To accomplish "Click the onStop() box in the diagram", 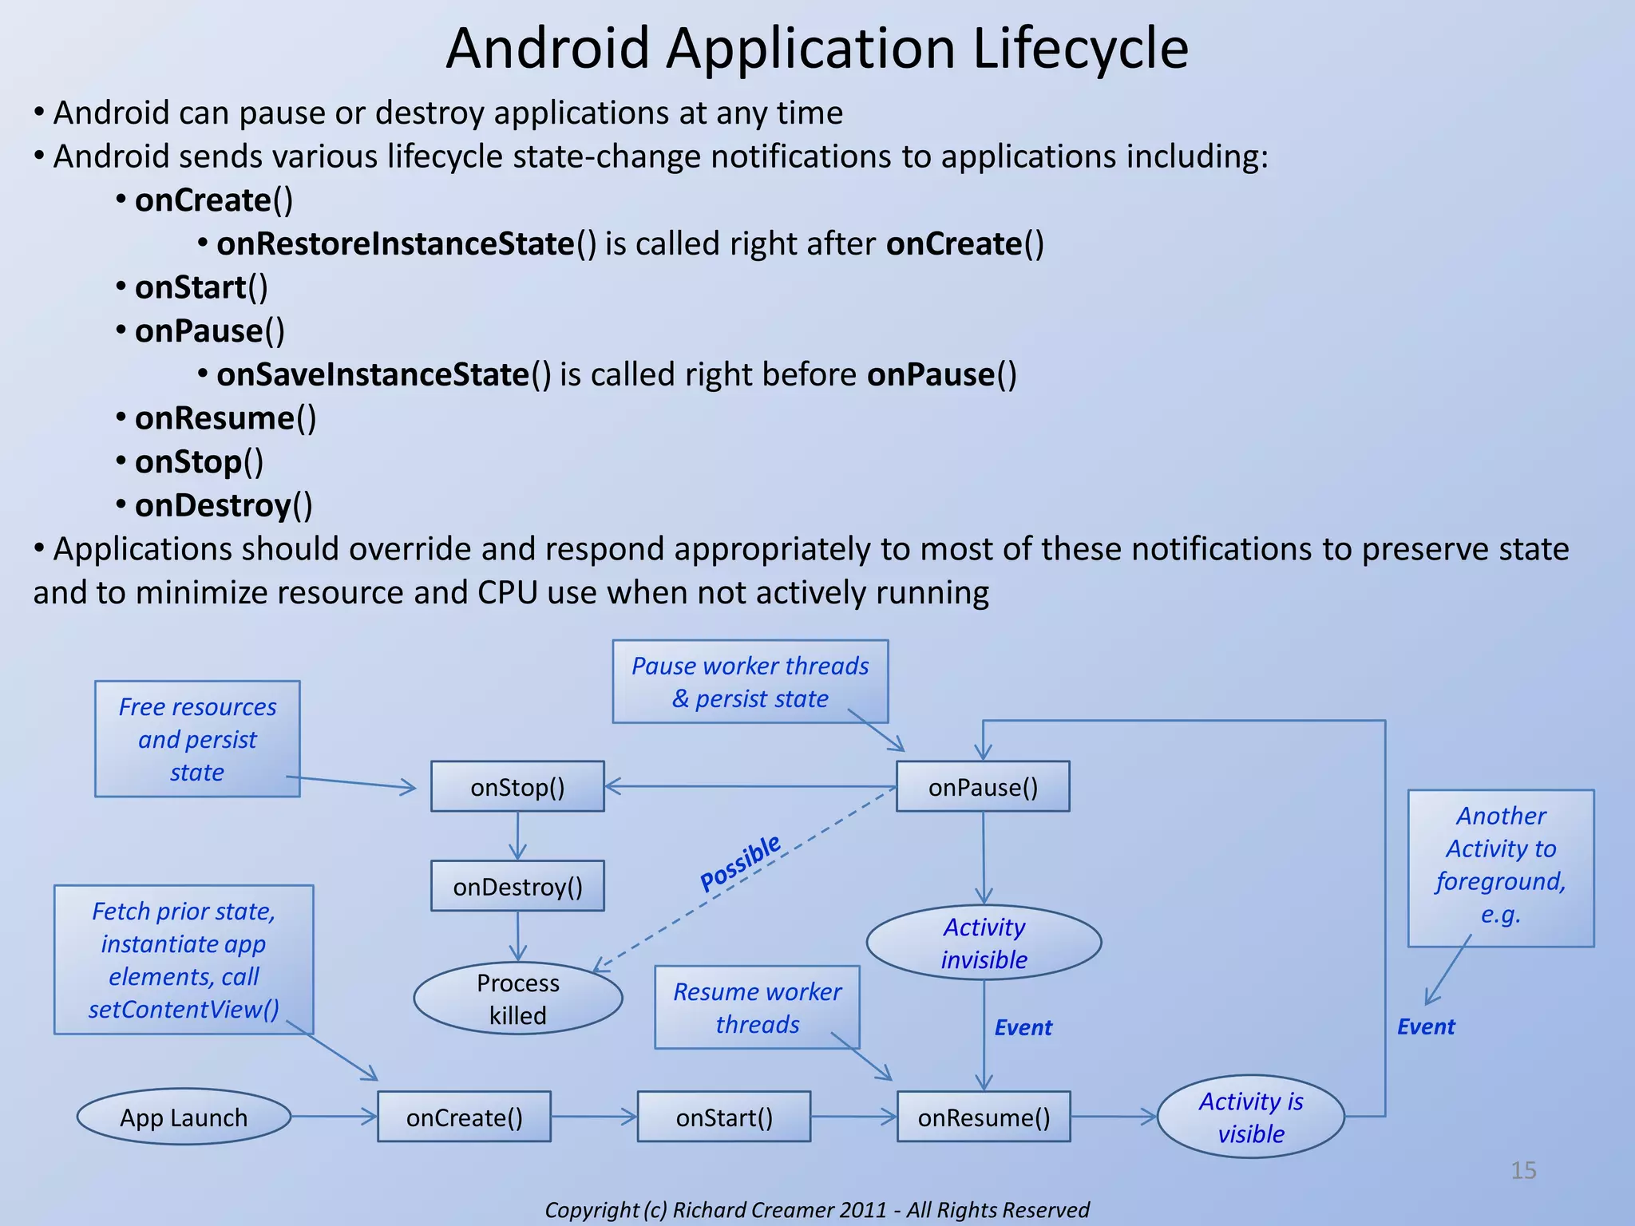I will (x=517, y=787).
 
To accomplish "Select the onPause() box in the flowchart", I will (x=983, y=787).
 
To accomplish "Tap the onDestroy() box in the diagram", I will (x=517, y=886).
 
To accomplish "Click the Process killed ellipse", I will (x=517, y=999).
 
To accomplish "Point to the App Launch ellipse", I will (x=184, y=1117).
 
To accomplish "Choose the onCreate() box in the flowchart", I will (x=464, y=1117).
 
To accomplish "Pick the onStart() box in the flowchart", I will (x=724, y=1117).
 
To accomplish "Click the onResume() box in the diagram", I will (x=984, y=1117).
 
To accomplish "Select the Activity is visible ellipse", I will (x=1250, y=1117).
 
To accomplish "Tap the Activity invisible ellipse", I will (x=984, y=943).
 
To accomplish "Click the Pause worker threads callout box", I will (x=750, y=682).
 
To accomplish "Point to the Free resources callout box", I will (x=197, y=739).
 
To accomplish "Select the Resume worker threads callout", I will (x=757, y=1007).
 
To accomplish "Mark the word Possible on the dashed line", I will (x=740, y=863).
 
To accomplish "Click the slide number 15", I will (x=1523, y=1170).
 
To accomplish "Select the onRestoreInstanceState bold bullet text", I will (x=395, y=243).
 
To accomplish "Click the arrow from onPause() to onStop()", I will (x=750, y=787).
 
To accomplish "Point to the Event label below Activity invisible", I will (x=1023, y=1027).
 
